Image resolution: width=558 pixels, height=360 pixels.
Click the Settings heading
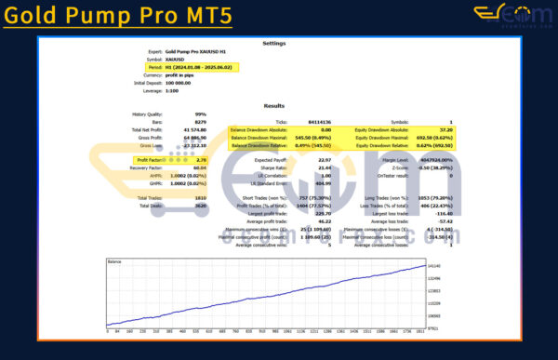point(274,43)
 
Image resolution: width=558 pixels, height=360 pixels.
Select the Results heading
point(274,105)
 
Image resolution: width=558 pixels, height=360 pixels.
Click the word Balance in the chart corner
point(116,262)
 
